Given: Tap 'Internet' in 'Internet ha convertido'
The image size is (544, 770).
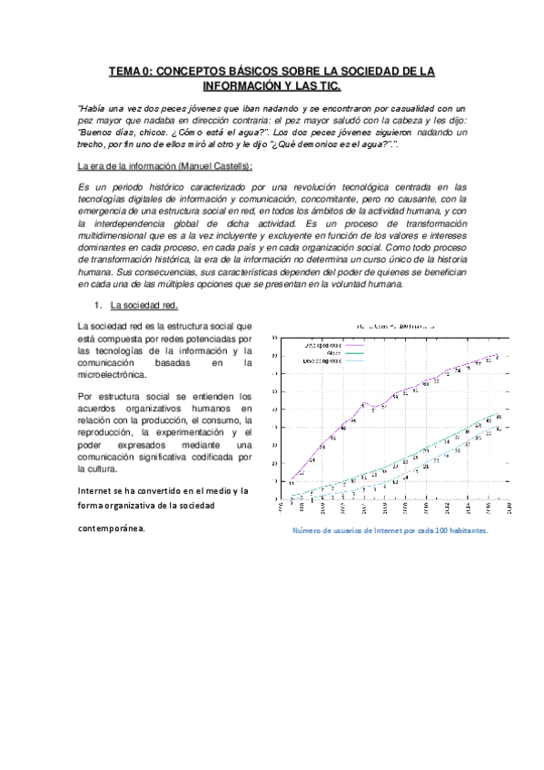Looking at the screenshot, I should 97,491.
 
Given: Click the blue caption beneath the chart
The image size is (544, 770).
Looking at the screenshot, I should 390,533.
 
